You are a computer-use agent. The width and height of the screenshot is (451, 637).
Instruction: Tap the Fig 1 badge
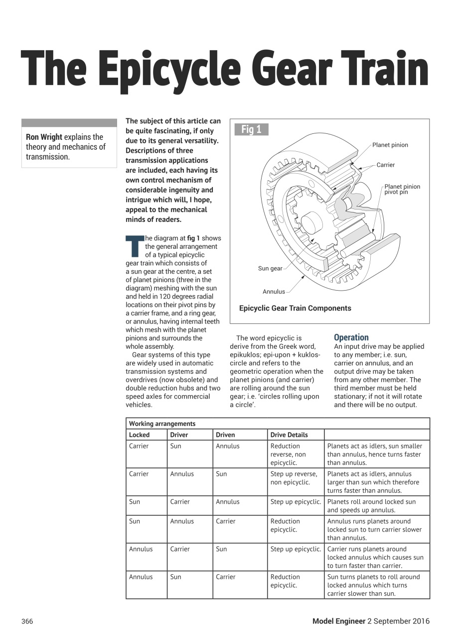point(251,129)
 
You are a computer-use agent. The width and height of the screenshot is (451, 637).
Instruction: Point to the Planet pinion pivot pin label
point(402,189)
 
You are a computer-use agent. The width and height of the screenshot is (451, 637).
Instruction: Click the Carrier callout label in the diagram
point(385,165)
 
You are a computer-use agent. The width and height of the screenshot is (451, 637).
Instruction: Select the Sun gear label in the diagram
point(270,268)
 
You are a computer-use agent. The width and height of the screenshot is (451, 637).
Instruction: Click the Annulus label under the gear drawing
point(274,292)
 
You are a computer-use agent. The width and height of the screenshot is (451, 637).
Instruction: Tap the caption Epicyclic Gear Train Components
point(295,308)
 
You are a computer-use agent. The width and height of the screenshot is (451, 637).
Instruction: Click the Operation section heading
point(351,337)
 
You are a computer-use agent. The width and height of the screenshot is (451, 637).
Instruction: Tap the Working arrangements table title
point(162,424)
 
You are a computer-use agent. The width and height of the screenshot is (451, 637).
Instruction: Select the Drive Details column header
point(289,435)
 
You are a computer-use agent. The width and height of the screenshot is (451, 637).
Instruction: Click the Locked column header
point(139,435)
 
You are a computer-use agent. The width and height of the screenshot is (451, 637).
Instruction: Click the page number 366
point(27,621)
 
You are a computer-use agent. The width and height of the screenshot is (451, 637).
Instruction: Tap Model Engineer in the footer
point(338,621)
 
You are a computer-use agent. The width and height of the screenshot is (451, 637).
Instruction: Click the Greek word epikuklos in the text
point(246,355)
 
